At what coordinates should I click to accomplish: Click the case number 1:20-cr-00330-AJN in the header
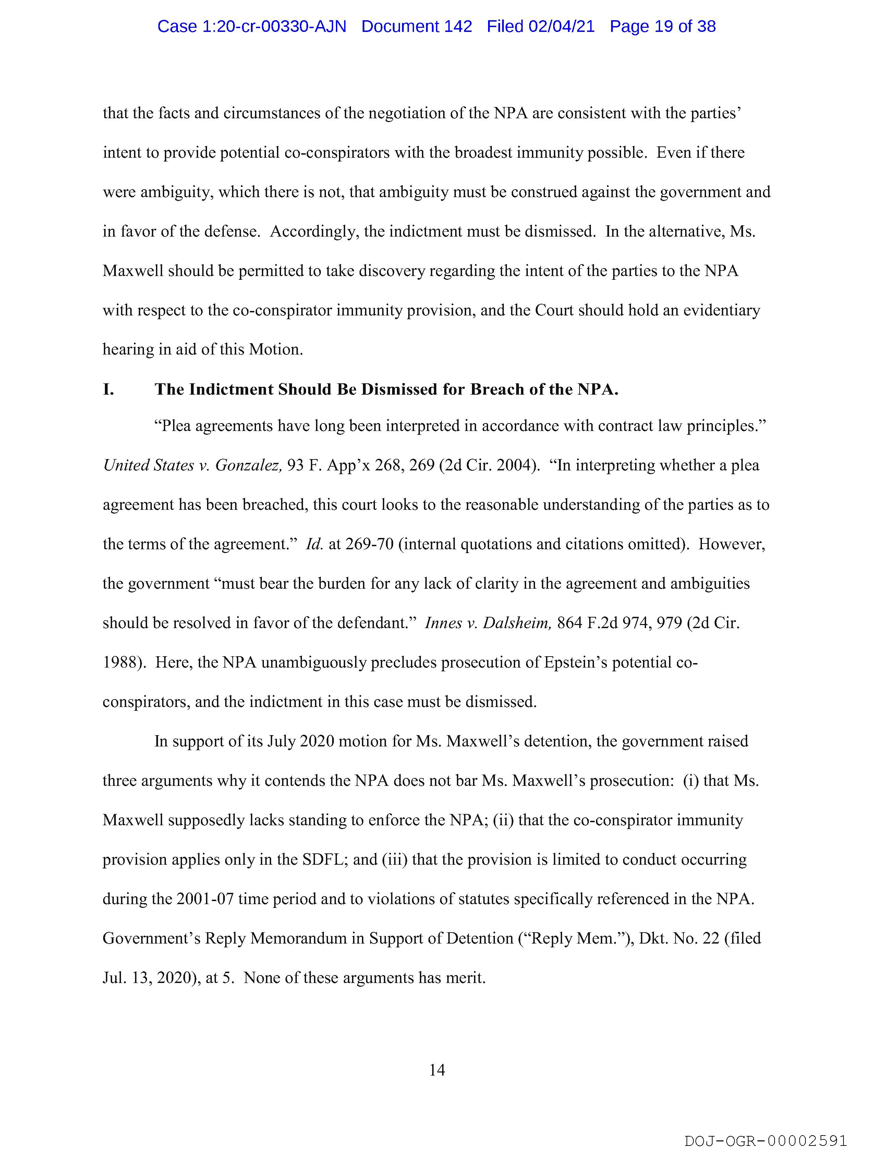(x=252, y=26)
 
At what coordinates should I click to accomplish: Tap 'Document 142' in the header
(x=417, y=26)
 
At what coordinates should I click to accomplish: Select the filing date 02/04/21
(x=561, y=26)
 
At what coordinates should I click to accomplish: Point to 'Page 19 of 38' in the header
(x=663, y=26)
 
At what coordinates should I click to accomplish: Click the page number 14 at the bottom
(x=437, y=1070)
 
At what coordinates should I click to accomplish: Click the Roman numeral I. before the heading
(x=108, y=390)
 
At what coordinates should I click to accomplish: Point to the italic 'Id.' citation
(x=314, y=544)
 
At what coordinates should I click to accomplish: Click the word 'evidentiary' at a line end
(x=721, y=311)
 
